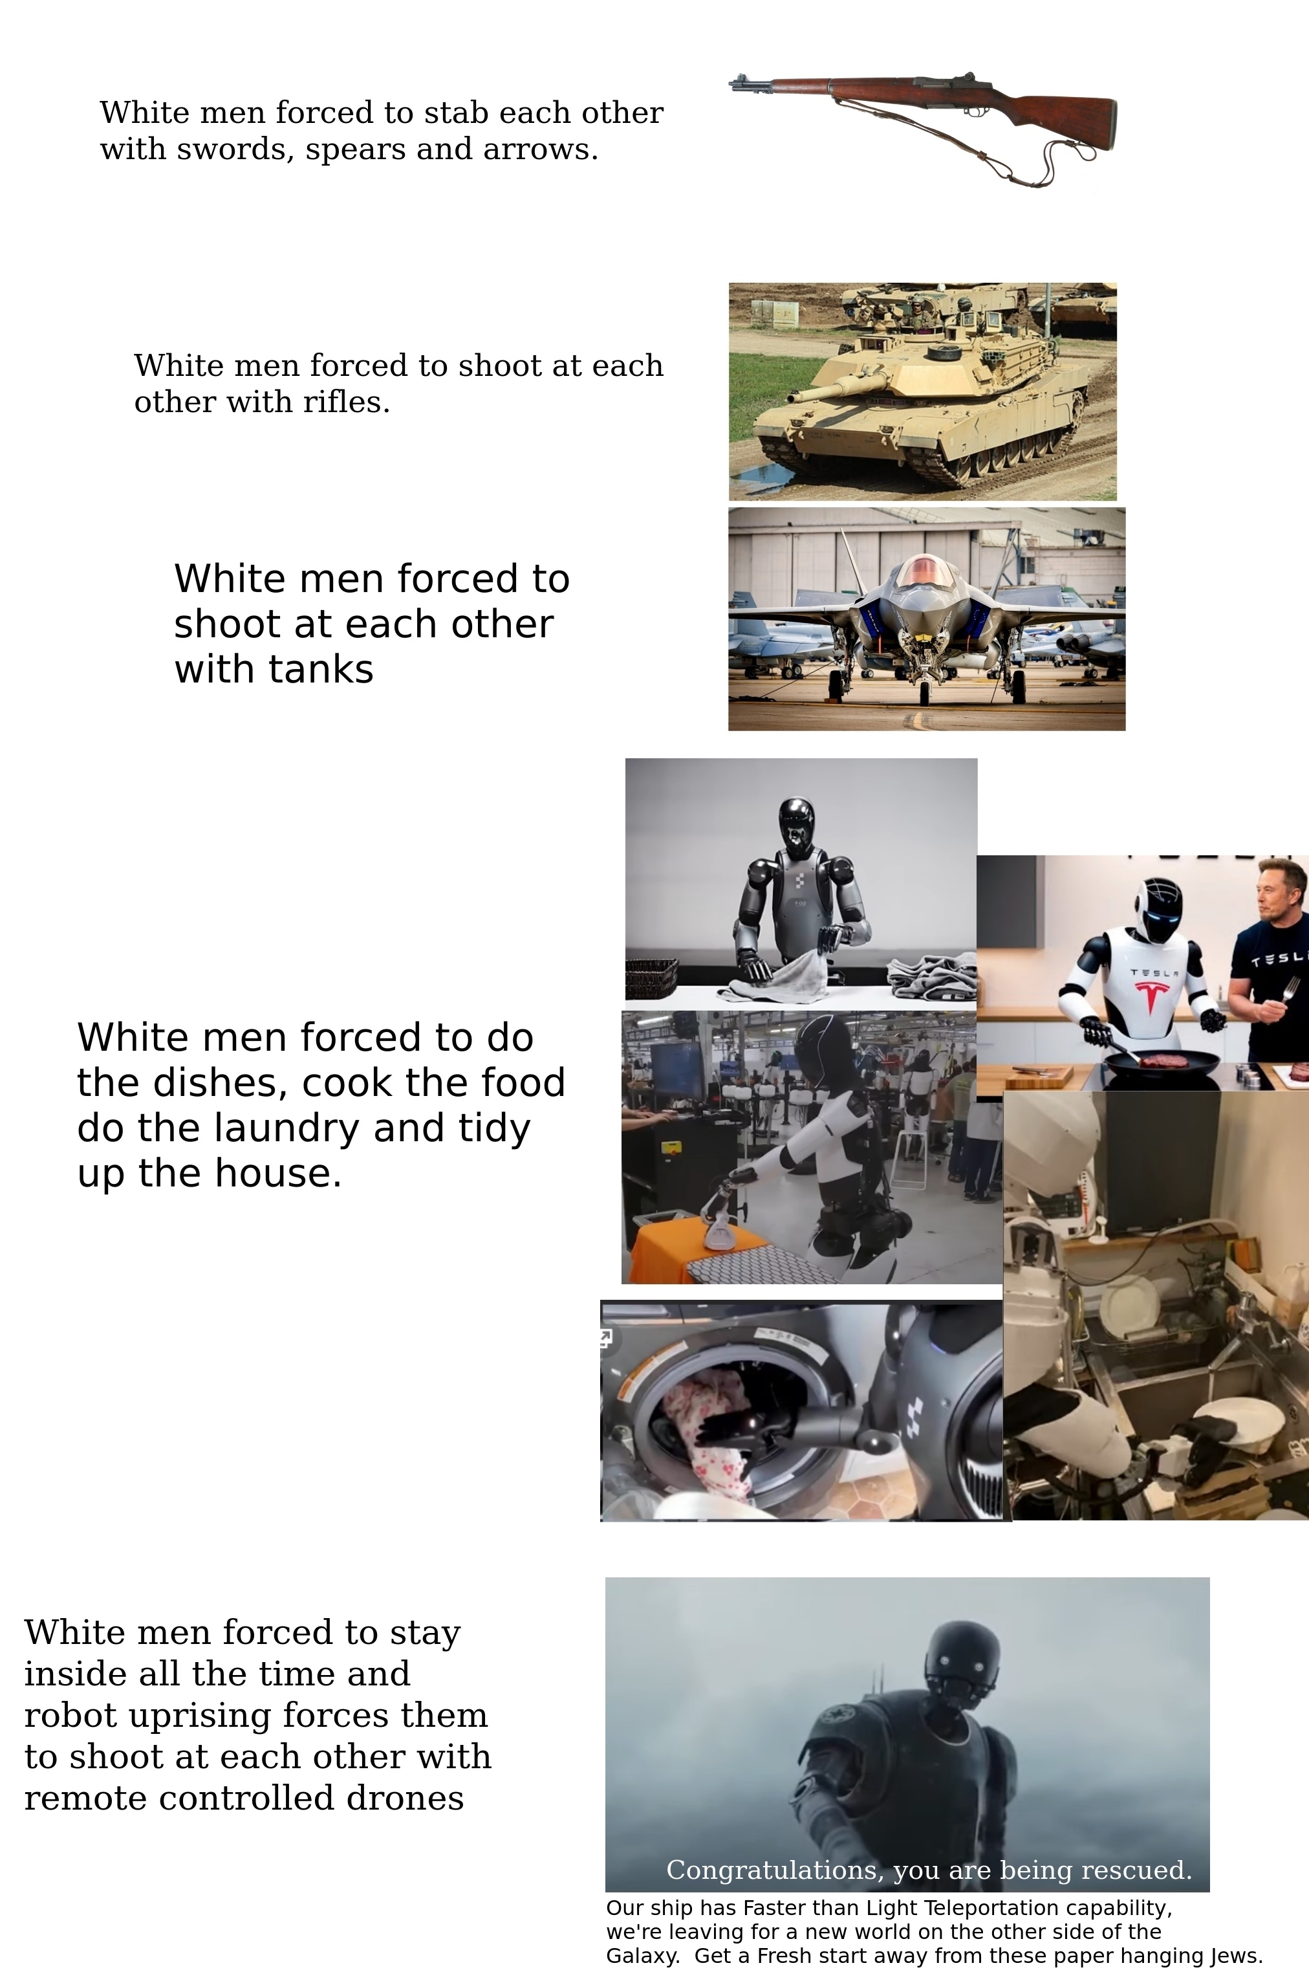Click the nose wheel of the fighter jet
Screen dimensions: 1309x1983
tap(924, 692)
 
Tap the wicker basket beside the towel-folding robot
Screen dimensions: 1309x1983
tap(651, 978)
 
